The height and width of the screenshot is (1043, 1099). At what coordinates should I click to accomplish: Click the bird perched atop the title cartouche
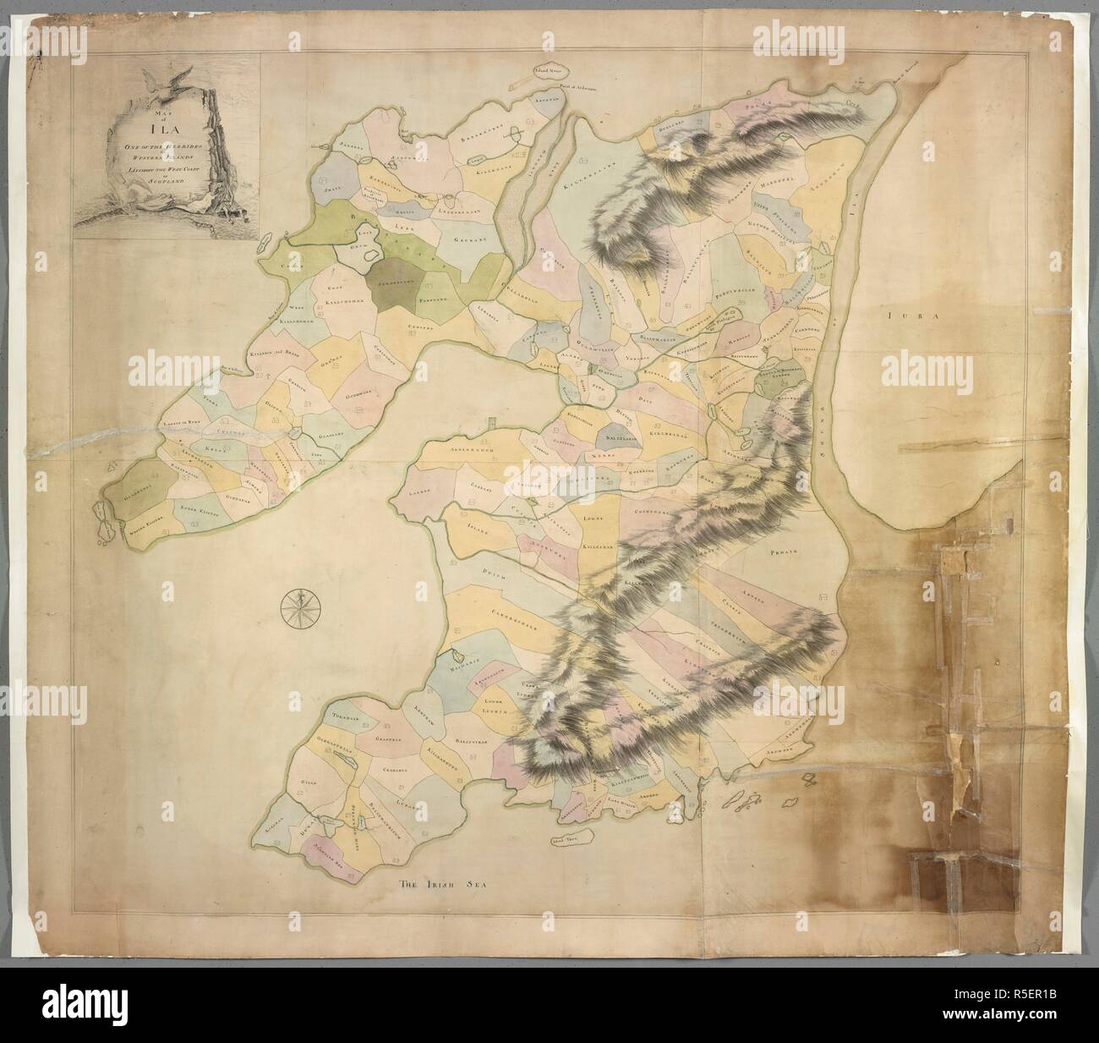click(158, 81)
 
